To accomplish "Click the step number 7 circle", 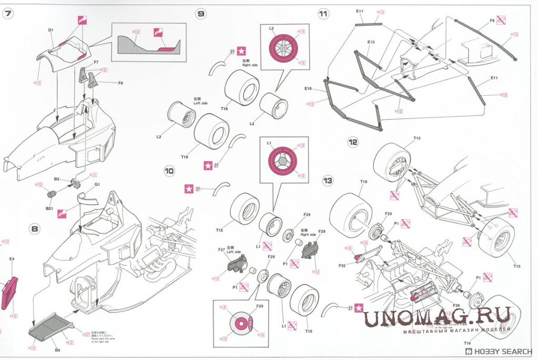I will (x=8, y=14).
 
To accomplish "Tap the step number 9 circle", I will (x=201, y=14).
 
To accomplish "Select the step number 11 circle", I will (x=324, y=14).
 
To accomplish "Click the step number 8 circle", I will (x=35, y=228).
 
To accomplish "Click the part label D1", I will (x=51, y=31).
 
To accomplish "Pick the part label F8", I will (x=121, y=83).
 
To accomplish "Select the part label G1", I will (x=97, y=185).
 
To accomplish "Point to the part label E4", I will (x=12, y=259).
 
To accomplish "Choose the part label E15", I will (x=371, y=42).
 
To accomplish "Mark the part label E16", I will (x=308, y=88).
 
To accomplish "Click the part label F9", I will (x=492, y=21).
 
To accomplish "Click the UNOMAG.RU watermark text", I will (x=437, y=317).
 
